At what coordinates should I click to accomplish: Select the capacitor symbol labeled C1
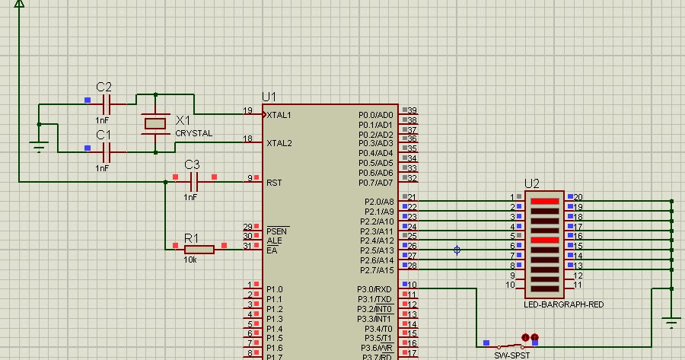pyautogui.click(x=107, y=151)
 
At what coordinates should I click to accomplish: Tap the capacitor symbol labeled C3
pyautogui.click(x=194, y=181)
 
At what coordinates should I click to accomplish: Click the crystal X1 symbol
pyautogui.click(x=155, y=123)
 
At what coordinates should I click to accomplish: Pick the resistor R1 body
pyautogui.click(x=199, y=249)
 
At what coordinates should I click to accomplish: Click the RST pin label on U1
pyautogui.click(x=274, y=182)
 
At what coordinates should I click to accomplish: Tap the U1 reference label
pyautogui.click(x=269, y=97)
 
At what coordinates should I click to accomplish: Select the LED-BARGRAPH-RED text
pyautogui.click(x=564, y=304)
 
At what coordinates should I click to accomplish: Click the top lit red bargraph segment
pyautogui.click(x=545, y=202)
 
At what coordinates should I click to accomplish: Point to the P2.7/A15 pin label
pyautogui.click(x=376, y=270)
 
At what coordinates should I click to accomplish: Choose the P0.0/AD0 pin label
pyautogui.click(x=376, y=114)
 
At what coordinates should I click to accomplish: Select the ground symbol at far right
pyautogui.click(x=671, y=321)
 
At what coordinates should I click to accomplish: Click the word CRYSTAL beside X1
pyautogui.click(x=194, y=133)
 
